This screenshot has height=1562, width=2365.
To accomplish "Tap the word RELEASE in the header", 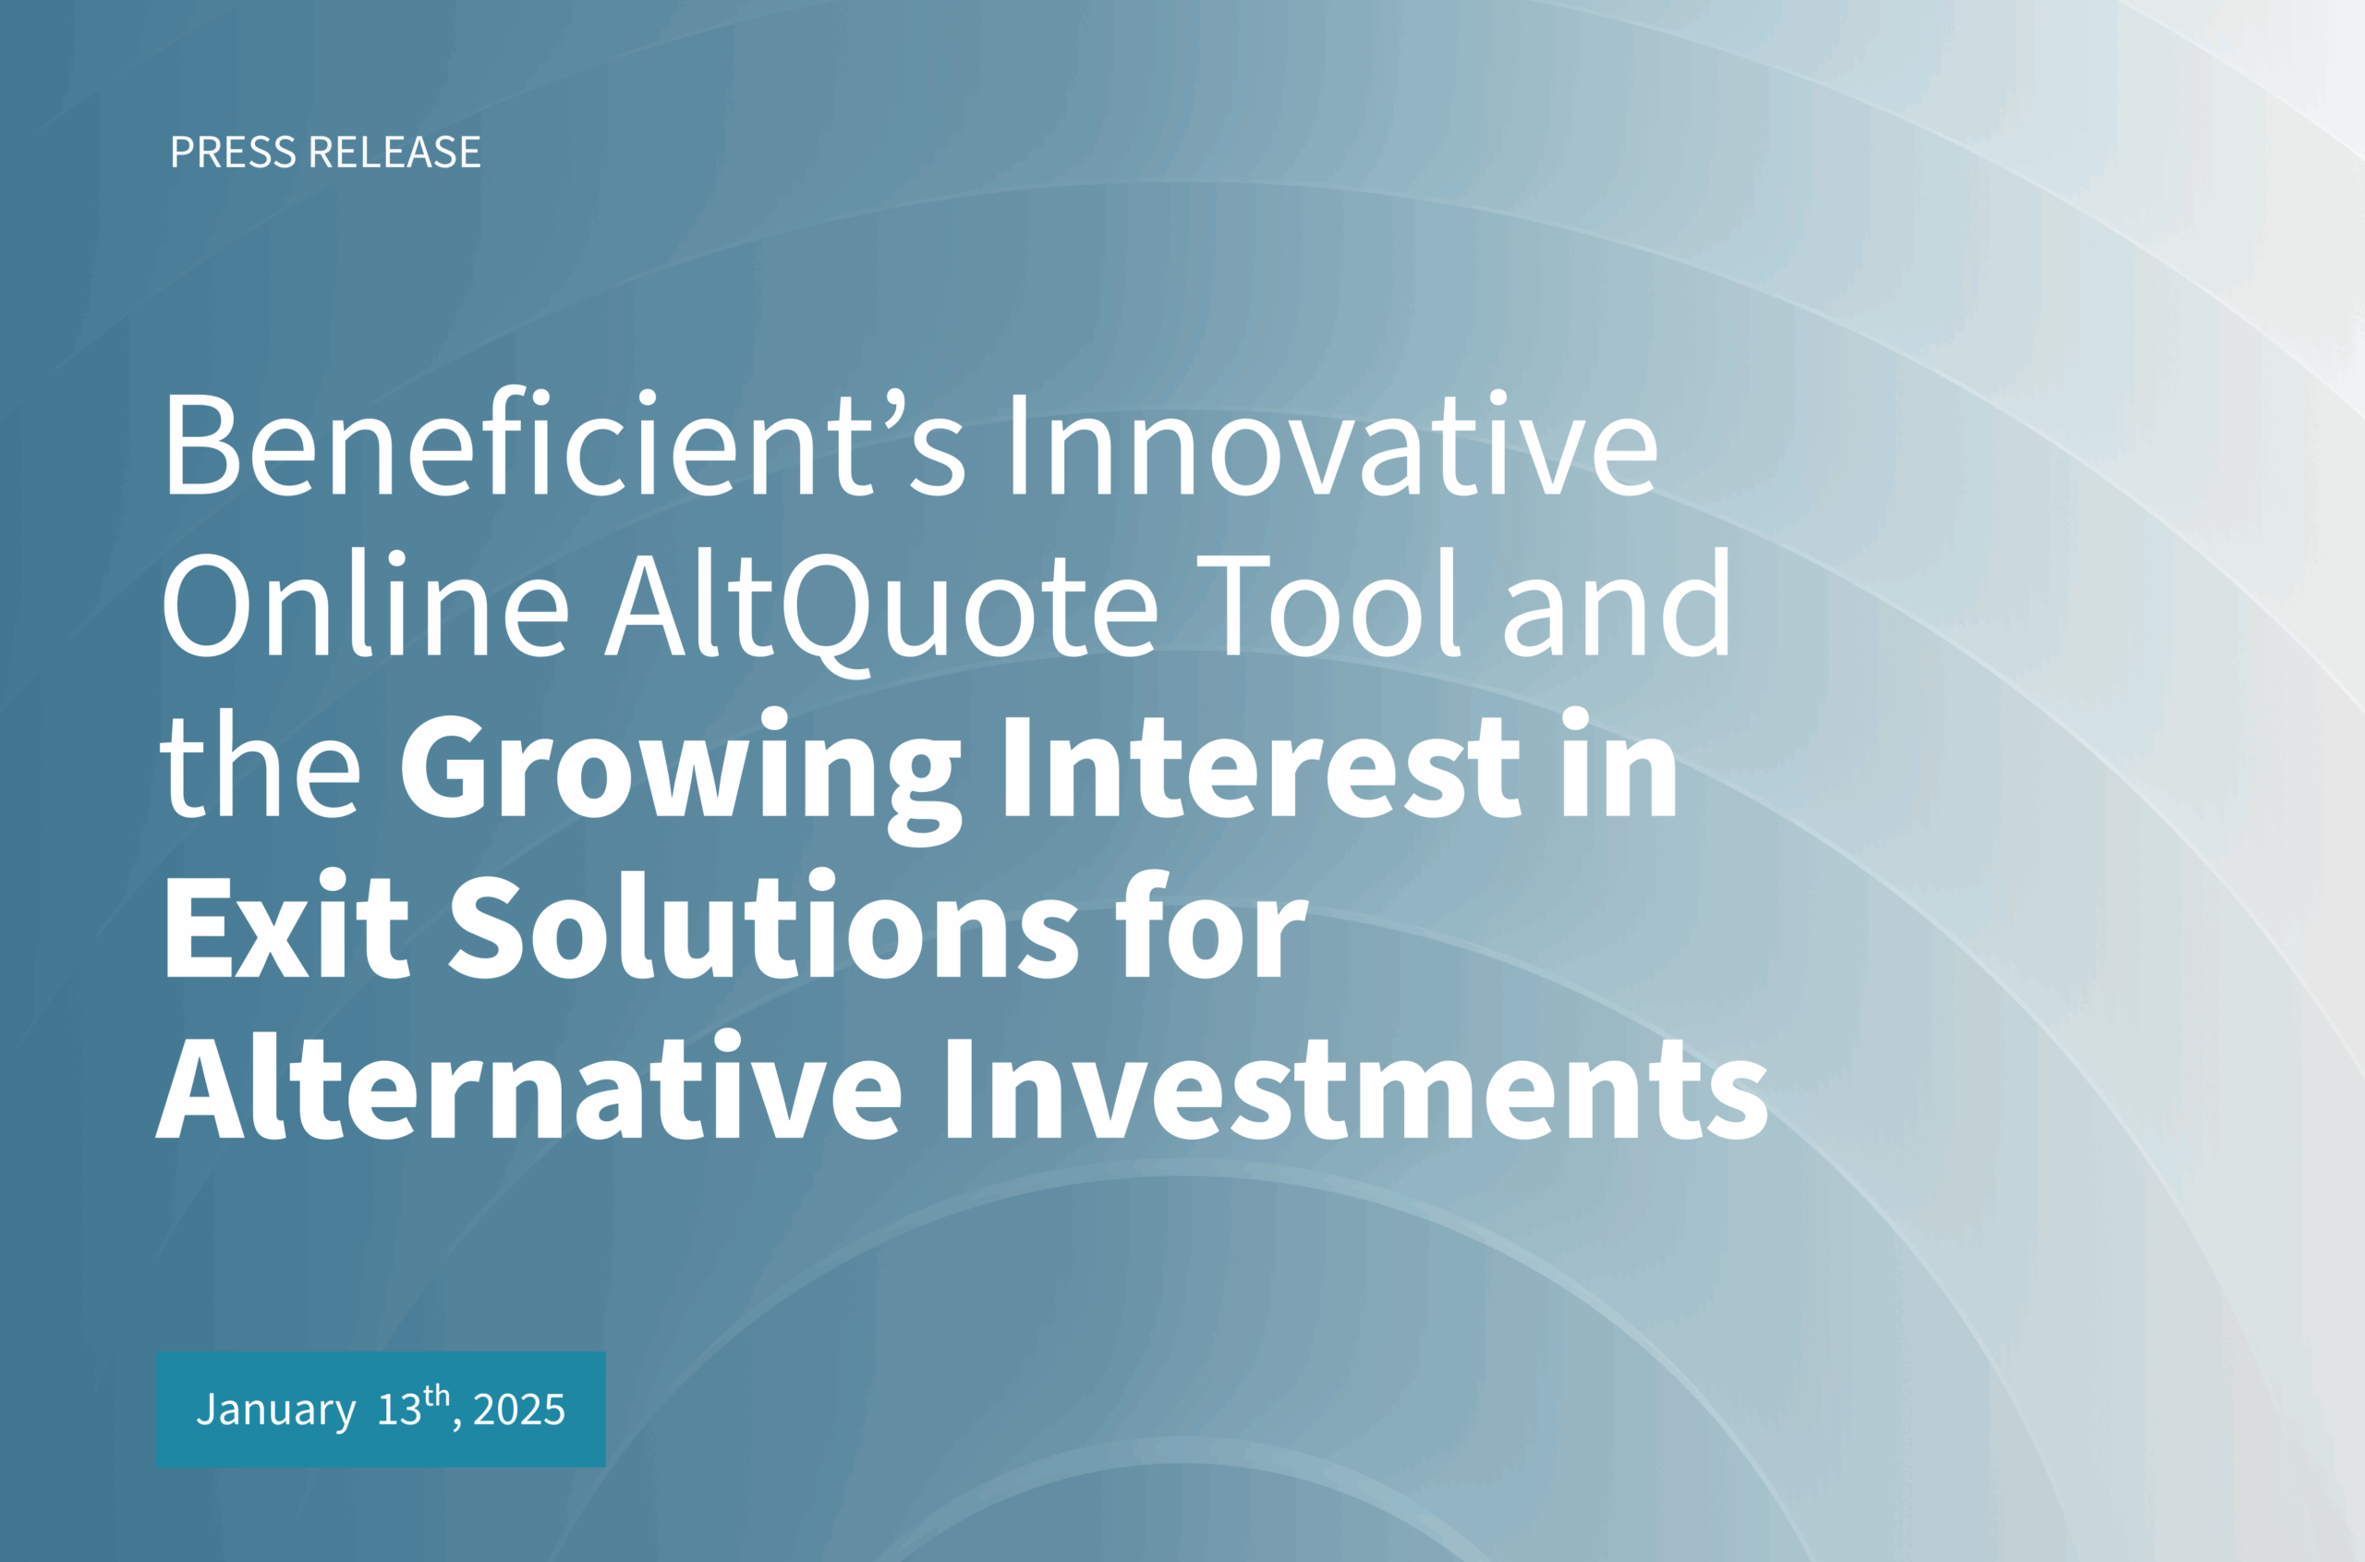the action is [395, 153].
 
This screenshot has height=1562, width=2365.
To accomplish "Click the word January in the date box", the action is [276, 1409].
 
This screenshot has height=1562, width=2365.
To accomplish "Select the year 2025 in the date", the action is [519, 1409].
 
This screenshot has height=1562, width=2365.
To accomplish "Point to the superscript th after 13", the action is [436, 1394].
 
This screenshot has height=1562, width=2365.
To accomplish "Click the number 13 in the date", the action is [399, 1409].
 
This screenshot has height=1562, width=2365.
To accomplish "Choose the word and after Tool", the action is [1618, 603].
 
